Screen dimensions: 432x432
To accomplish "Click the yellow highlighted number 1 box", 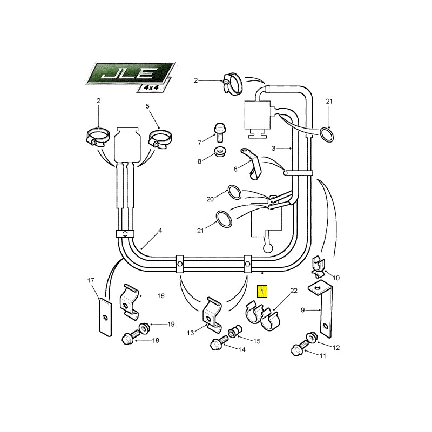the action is pyautogui.click(x=262, y=291).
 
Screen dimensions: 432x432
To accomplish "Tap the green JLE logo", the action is pyautogui.click(x=130, y=73).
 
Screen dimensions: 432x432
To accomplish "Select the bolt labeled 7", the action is pyautogui.click(x=219, y=132).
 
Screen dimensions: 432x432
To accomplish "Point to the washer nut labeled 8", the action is pyautogui.click(x=220, y=152).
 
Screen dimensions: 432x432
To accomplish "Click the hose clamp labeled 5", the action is pyautogui.click(x=160, y=139).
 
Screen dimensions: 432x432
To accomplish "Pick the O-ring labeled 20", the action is pyautogui.click(x=234, y=192).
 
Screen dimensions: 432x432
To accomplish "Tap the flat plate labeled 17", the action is pyautogui.click(x=105, y=316).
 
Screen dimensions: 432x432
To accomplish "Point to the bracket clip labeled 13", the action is pyautogui.click(x=212, y=314).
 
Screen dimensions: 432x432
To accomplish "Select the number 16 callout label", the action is pyautogui.click(x=161, y=296).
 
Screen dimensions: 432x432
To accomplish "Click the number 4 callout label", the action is pyautogui.click(x=160, y=230).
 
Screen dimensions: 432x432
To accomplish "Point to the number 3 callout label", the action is pyautogui.click(x=273, y=148).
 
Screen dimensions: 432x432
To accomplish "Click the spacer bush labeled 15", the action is pyautogui.click(x=235, y=330).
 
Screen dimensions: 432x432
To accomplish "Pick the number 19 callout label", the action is pyautogui.click(x=171, y=324).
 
